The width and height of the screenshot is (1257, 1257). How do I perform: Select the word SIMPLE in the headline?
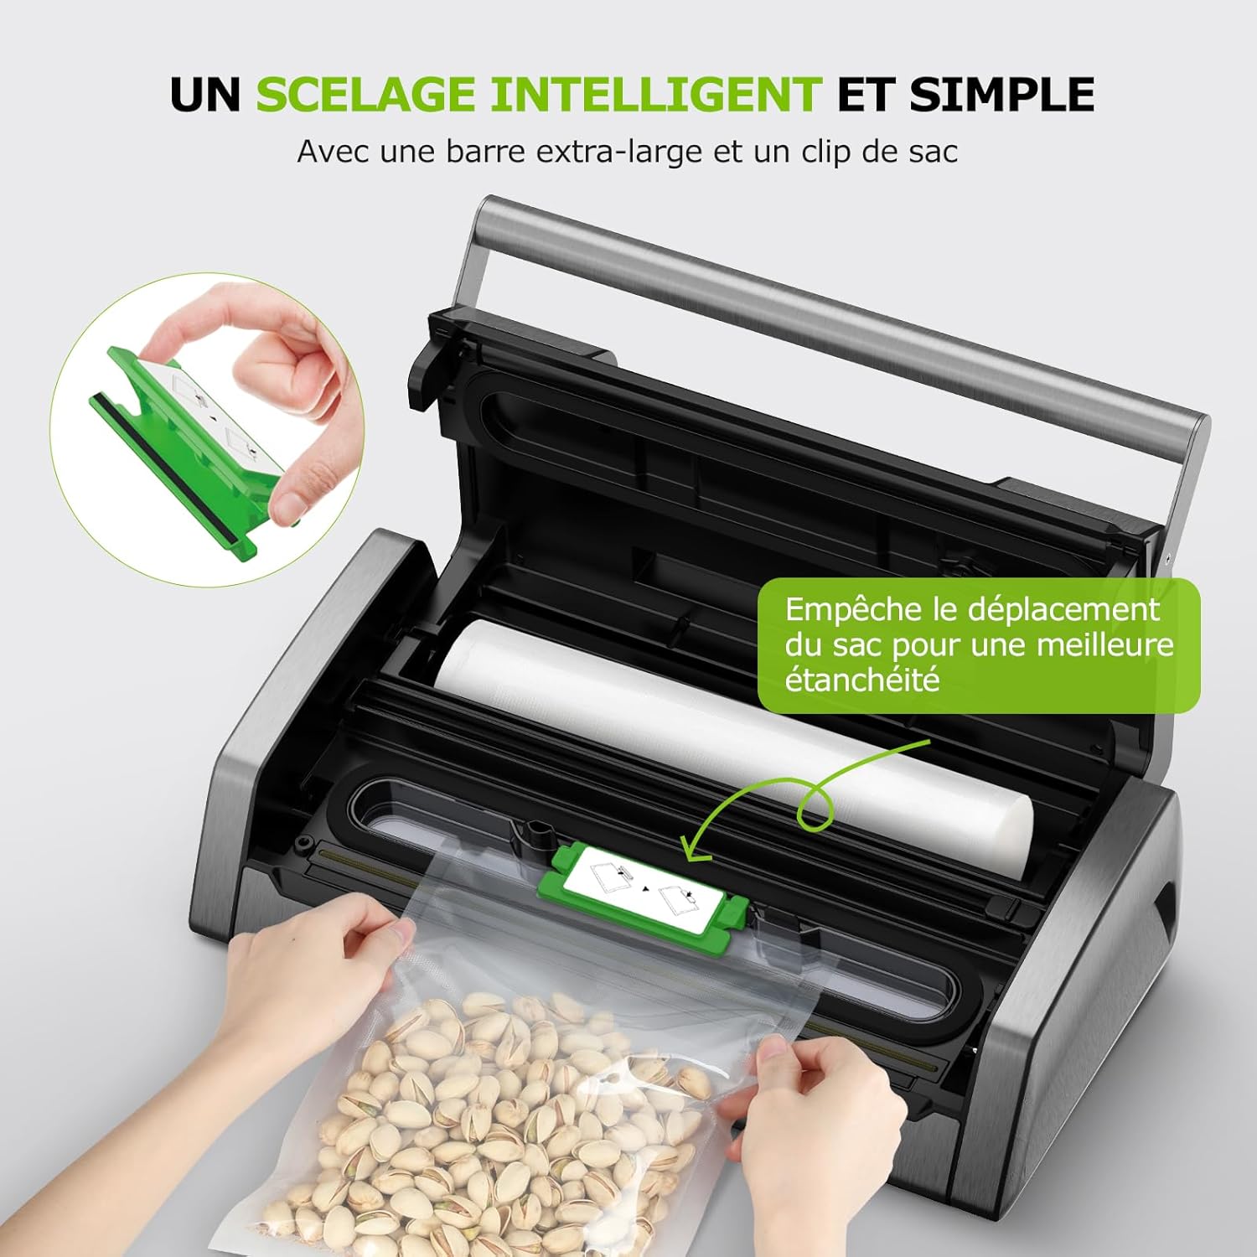[1001, 94]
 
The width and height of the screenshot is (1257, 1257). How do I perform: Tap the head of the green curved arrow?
[691, 851]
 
